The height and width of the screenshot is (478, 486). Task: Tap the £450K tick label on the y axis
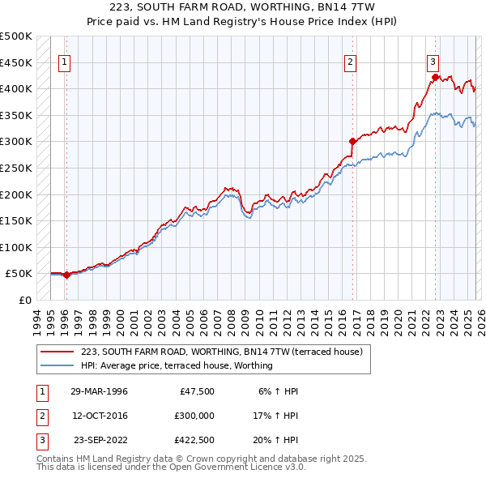(16, 62)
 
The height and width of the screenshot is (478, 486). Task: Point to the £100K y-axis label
(16, 247)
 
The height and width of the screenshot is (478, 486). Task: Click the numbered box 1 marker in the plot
(64, 62)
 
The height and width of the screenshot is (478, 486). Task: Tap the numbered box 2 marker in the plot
(351, 62)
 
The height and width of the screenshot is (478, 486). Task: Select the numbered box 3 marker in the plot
(433, 62)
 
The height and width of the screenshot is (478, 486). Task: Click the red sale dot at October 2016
(352, 141)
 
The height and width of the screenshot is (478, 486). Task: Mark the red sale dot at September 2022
(435, 77)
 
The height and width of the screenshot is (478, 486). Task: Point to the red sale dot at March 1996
(66, 275)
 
